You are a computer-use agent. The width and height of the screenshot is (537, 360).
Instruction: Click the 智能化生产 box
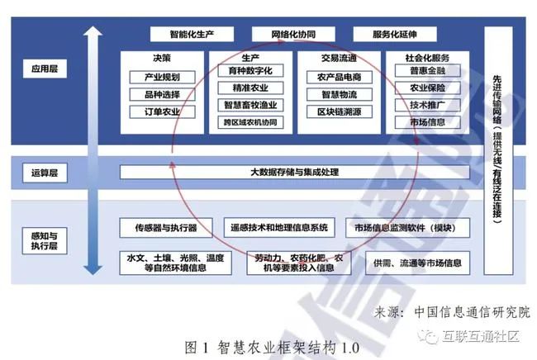[x=192, y=35]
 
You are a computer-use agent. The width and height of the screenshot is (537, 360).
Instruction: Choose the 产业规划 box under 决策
[x=161, y=77]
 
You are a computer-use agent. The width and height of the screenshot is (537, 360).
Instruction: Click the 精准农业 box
[x=249, y=88]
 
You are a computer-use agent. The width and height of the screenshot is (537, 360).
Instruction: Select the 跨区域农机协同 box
[x=249, y=123]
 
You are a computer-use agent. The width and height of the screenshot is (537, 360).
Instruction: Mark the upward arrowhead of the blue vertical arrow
[x=93, y=36]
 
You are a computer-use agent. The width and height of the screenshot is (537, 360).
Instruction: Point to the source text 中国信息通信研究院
[x=472, y=313]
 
